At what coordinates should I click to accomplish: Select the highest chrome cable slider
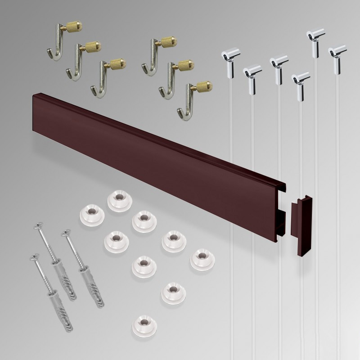pos(316,38)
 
